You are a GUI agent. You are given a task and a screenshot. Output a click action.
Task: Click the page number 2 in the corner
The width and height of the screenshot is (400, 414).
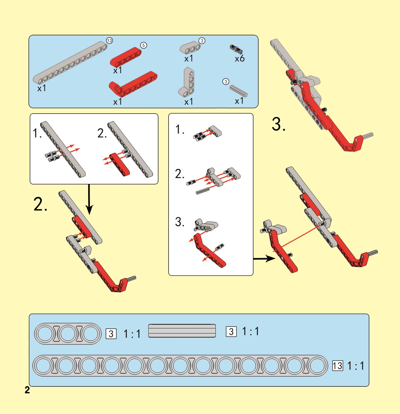[27, 390]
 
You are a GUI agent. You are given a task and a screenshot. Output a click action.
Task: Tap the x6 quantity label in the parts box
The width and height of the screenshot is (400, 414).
[240, 58]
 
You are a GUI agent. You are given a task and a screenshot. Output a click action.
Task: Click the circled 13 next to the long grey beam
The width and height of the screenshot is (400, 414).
[109, 41]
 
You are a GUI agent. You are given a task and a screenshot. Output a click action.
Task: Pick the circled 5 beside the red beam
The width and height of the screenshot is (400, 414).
[143, 45]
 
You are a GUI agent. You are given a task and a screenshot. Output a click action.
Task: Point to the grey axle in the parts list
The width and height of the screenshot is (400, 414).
[238, 91]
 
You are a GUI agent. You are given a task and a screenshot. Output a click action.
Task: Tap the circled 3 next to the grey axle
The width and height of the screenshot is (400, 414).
[226, 82]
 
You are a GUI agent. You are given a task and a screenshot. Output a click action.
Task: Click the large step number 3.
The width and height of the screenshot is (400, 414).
[279, 124]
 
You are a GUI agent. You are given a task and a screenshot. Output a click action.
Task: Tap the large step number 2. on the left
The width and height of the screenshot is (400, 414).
[40, 204]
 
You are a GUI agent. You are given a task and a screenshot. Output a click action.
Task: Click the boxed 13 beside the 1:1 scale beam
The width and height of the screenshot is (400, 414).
[338, 366]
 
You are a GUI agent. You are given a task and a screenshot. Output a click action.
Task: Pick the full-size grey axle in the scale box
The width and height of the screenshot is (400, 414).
[182, 331]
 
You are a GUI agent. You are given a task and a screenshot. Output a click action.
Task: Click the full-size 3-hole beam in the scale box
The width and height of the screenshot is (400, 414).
[68, 334]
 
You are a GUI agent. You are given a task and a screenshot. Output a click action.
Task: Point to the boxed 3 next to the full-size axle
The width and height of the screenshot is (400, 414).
[231, 332]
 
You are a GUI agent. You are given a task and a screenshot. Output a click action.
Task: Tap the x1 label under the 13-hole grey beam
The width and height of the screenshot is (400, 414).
[42, 88]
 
